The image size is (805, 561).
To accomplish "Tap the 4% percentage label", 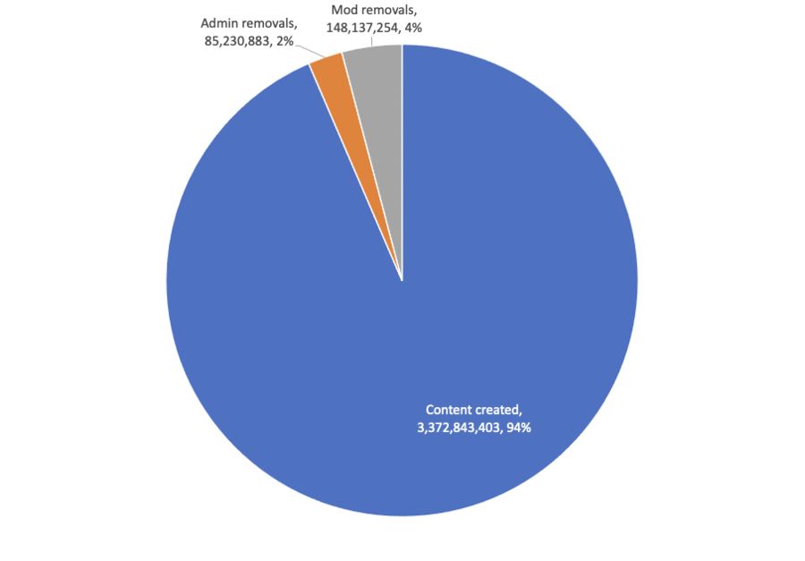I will pos(412,28).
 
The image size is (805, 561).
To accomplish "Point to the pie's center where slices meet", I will pos(402,280).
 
